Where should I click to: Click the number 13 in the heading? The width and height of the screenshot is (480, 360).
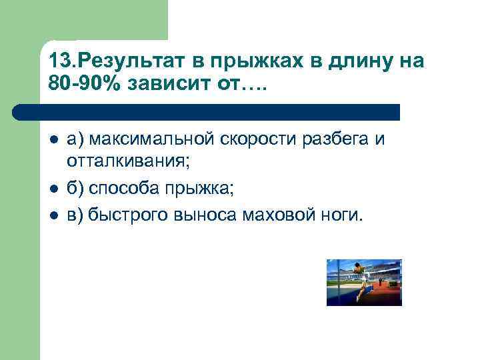point(58,62)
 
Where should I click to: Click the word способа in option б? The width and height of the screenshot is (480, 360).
point(119,189)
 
